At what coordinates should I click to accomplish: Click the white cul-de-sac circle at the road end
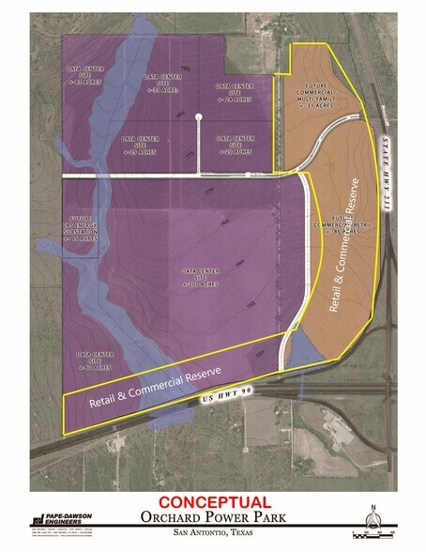[198, 117]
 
